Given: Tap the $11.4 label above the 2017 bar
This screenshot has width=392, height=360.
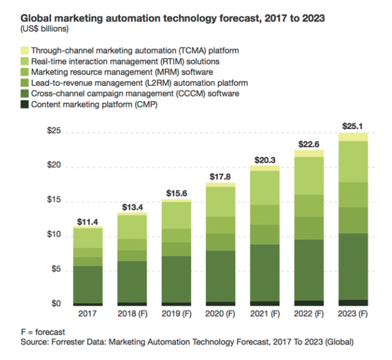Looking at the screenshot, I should pyautogui.click(x=87, y=221).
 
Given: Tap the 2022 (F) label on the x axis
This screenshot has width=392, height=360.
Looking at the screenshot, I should pyautogui.click(x=309, y=314).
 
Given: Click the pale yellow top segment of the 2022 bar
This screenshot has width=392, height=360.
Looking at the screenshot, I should pyautogui.click(x=309, y=154).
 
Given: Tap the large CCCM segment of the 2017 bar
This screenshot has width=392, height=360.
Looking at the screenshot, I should pyautogui.click(x=87, y=284).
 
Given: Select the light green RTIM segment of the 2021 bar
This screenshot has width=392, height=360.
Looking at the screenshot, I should pyautogui.click(x=265, y=188).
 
